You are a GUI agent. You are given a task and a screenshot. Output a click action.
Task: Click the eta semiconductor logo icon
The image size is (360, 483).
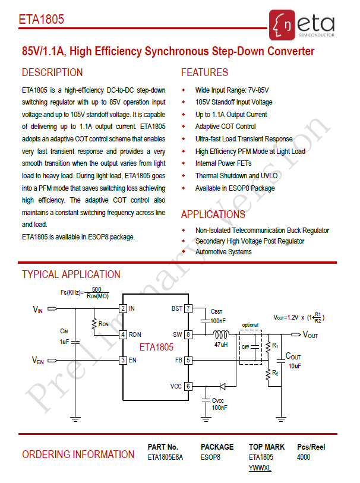[282, 25]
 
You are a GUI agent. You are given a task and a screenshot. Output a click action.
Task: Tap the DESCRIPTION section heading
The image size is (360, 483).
[52, 72]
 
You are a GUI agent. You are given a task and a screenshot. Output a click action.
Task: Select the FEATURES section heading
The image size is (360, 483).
[204, 72]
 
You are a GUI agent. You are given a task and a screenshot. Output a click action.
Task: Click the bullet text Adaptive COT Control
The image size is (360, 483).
[225, 127]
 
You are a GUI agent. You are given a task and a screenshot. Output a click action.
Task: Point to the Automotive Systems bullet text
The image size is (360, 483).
[223, 252]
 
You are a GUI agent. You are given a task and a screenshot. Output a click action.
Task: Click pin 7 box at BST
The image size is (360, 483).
[188, 308]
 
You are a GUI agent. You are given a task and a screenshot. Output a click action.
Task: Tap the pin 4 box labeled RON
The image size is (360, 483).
[123, 334]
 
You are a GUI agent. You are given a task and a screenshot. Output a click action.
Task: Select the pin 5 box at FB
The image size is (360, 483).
[188, 360]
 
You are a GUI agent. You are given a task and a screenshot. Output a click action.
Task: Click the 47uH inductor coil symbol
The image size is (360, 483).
[221, 334]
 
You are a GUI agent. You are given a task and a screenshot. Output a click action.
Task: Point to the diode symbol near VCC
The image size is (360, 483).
[222, 386]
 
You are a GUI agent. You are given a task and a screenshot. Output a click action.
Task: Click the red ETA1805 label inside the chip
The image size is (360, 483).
[156, 347]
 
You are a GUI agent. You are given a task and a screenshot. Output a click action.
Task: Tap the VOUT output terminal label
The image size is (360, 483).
[310, 334]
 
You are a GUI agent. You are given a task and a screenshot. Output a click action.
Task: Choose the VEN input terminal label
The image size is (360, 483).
[38, 360]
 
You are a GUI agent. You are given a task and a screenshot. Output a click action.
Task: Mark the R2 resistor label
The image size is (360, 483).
[275, 373]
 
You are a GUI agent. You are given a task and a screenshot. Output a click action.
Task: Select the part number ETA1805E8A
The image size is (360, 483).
[165, 457]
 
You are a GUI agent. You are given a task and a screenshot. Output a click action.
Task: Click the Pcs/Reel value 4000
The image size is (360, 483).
[304, 457]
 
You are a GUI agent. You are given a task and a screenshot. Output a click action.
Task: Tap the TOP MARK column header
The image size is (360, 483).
[267, 447]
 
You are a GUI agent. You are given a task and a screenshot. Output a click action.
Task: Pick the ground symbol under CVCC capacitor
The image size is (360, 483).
[206, 419]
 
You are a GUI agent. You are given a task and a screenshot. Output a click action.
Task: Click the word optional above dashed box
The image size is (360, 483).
[250, 325]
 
